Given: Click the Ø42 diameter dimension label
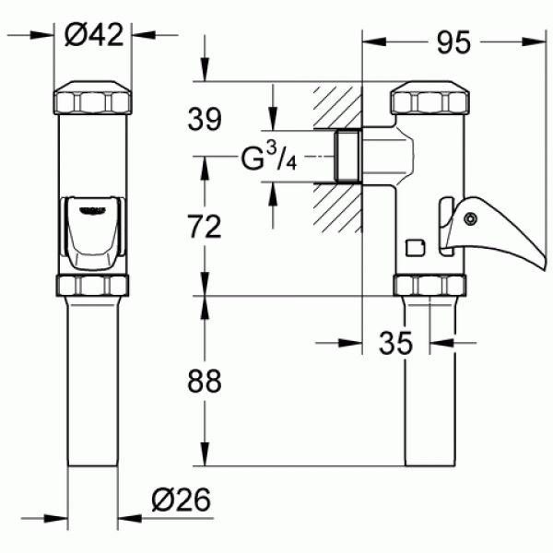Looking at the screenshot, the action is tap(94, 35).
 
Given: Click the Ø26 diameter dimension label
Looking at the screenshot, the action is tap(181, 500).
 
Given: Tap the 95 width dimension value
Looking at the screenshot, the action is tap(453, 42).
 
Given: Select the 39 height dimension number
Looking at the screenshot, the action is tap(205, 119).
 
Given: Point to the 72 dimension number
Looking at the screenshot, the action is tap(205, 227).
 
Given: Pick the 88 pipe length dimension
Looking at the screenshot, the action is tap(205, 381).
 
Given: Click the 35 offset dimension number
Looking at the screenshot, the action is tap(395, 343).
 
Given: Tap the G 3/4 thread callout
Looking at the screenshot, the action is tap(268, 158).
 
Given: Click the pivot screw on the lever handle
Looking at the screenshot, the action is tap(470, 218).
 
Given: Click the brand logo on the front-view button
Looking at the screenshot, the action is tap(92, 210).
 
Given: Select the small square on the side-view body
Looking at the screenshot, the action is tap(416, 248).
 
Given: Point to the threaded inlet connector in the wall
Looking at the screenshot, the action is tap(347, 157).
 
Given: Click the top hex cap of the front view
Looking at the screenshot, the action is tap(92, 98).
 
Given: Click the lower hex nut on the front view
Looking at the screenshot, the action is tap(92, 286).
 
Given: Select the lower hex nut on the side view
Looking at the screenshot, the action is tap(429, 286).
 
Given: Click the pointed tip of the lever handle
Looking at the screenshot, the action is tap(545, 269).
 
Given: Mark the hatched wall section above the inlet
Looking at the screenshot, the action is tap(337, 108).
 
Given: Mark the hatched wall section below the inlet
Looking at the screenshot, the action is tap(337, 208).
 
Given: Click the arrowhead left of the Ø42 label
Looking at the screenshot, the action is tap(41, 35).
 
